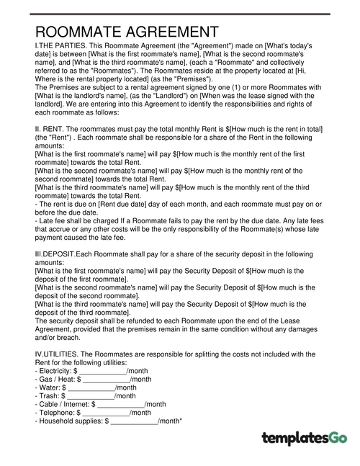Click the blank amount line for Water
pos(91,387)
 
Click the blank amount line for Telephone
pos(106,413)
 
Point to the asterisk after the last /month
pos(180,420)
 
